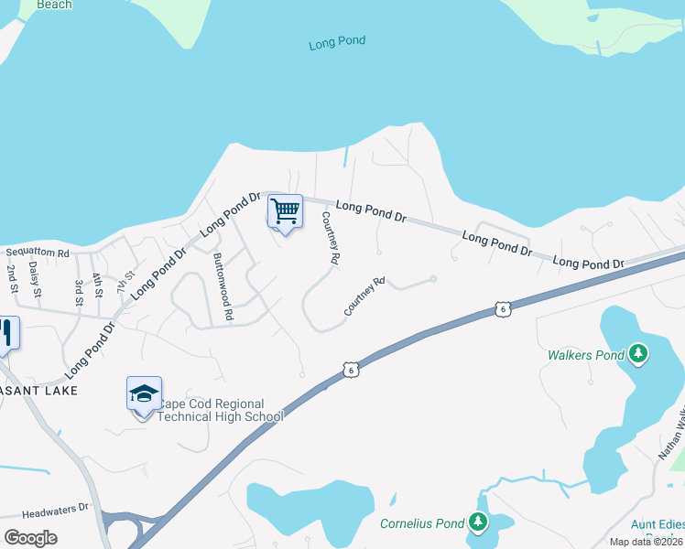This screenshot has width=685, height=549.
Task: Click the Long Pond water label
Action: click(x=337, y=42)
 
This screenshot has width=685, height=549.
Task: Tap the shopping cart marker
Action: click(x=285, y=211)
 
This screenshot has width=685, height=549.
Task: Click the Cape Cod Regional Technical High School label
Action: click(x=221, y=410)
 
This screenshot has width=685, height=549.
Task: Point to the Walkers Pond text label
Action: click(x=586, y=354)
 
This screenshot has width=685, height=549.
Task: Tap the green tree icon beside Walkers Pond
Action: click(x=638, y=354)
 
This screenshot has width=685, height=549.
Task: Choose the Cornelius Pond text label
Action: click(x=422, y=523)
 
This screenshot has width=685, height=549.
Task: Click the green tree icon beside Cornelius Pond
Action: click(x=477, y=522)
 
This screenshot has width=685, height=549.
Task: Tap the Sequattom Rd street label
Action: click(x=38, y=253)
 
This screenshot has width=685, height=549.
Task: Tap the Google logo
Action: click(x=30, y=538)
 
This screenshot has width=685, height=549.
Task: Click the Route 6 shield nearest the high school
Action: click(x=350, y=370)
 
